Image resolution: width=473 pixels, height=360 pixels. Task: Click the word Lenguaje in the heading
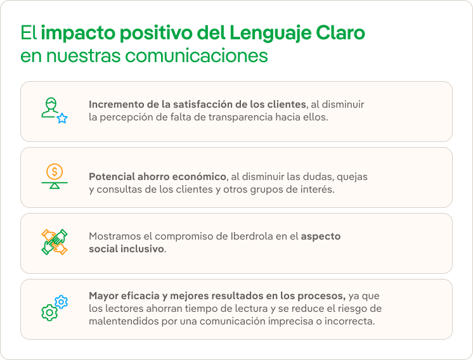click(268, 32)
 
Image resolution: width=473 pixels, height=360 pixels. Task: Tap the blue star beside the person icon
click(62, 118)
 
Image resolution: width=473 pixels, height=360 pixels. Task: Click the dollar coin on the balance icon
click(55, 170)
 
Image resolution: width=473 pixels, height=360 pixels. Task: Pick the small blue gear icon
click(62, 302)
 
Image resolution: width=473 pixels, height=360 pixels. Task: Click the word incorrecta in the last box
click(349, 321)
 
